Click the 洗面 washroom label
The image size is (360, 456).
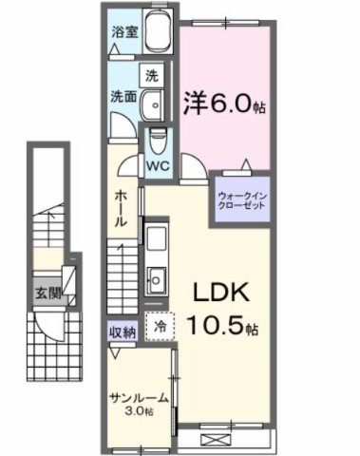point(122,96)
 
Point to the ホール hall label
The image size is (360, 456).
point(122,207)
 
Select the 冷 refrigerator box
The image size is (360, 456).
point(159,325)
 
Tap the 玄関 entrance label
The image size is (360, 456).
point(47,294)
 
